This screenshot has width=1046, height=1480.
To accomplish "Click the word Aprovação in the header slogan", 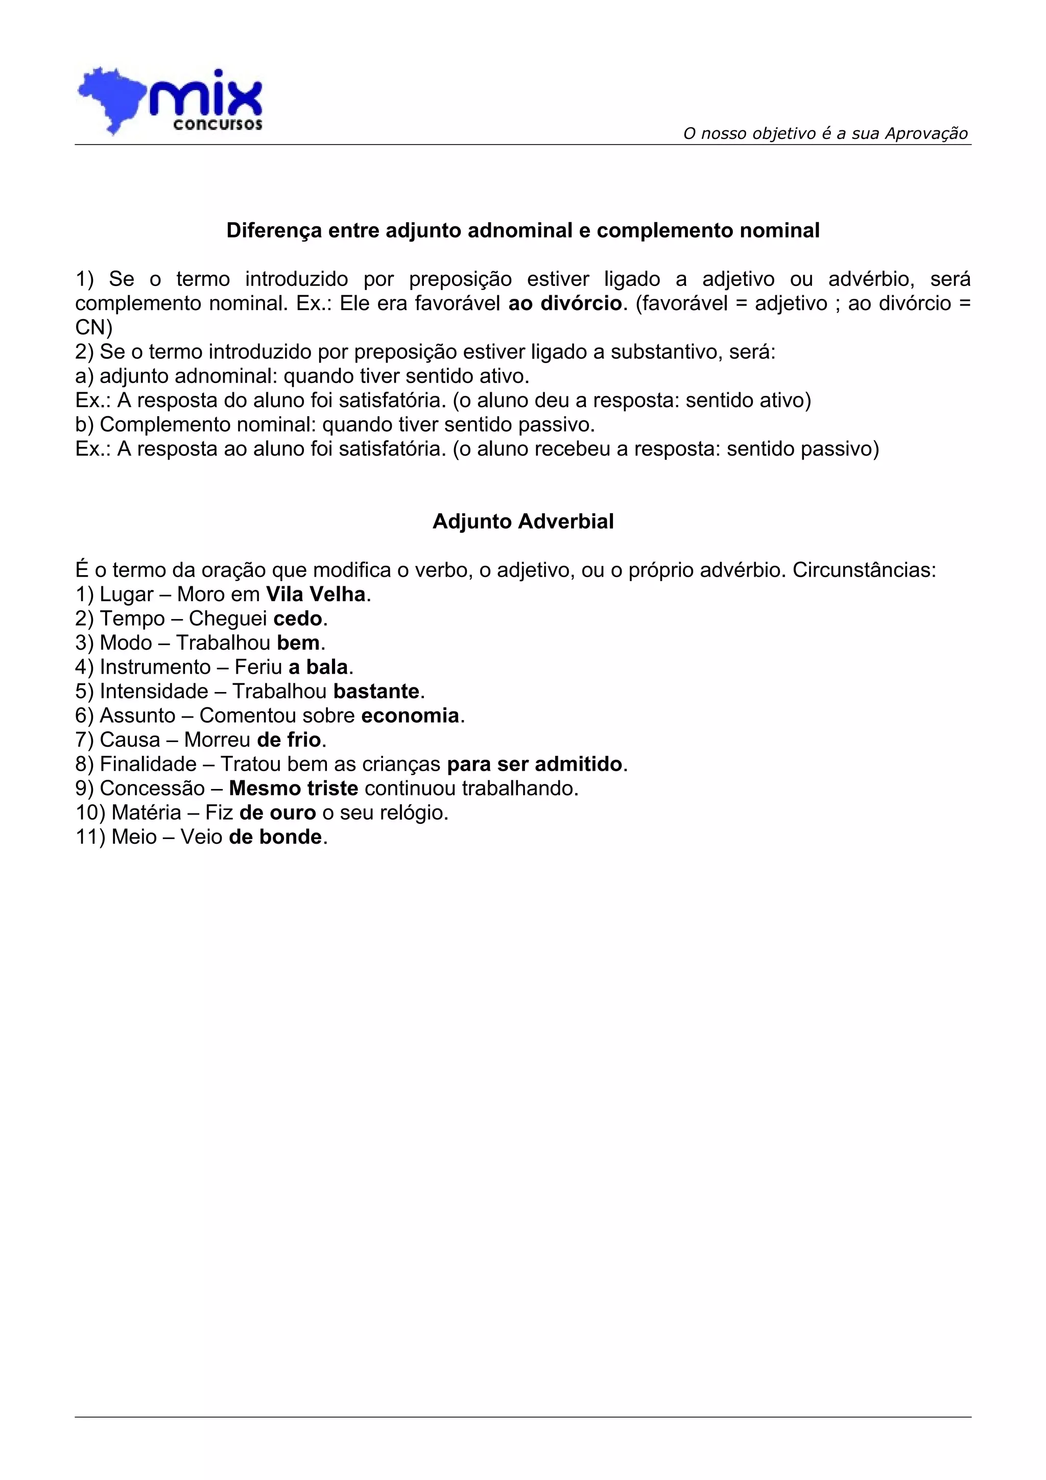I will [x=926, y=133].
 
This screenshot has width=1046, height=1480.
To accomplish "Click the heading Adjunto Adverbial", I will [x=522, y=521].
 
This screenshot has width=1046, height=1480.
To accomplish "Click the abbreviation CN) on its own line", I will [x=94, y=327].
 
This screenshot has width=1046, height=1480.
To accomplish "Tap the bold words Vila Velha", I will [x=316, y=594].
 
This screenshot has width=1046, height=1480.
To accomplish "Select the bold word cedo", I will [x=298, y=619].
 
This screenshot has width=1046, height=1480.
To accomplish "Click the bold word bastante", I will [x=376, y=691].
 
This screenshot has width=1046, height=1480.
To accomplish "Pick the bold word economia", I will [x=411, y=715].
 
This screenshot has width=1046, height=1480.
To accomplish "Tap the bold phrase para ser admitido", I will [x=535, y=765].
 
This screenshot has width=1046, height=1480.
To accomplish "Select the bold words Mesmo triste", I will [x=293, y=789].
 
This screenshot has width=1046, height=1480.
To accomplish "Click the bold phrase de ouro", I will [x=278, y=813].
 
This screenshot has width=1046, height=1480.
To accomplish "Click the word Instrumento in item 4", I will [x=155, y=667].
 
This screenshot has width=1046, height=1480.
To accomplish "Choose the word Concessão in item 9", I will [x=152, y=789].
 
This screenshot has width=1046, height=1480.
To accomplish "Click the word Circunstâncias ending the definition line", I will [x=864, y=570].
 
